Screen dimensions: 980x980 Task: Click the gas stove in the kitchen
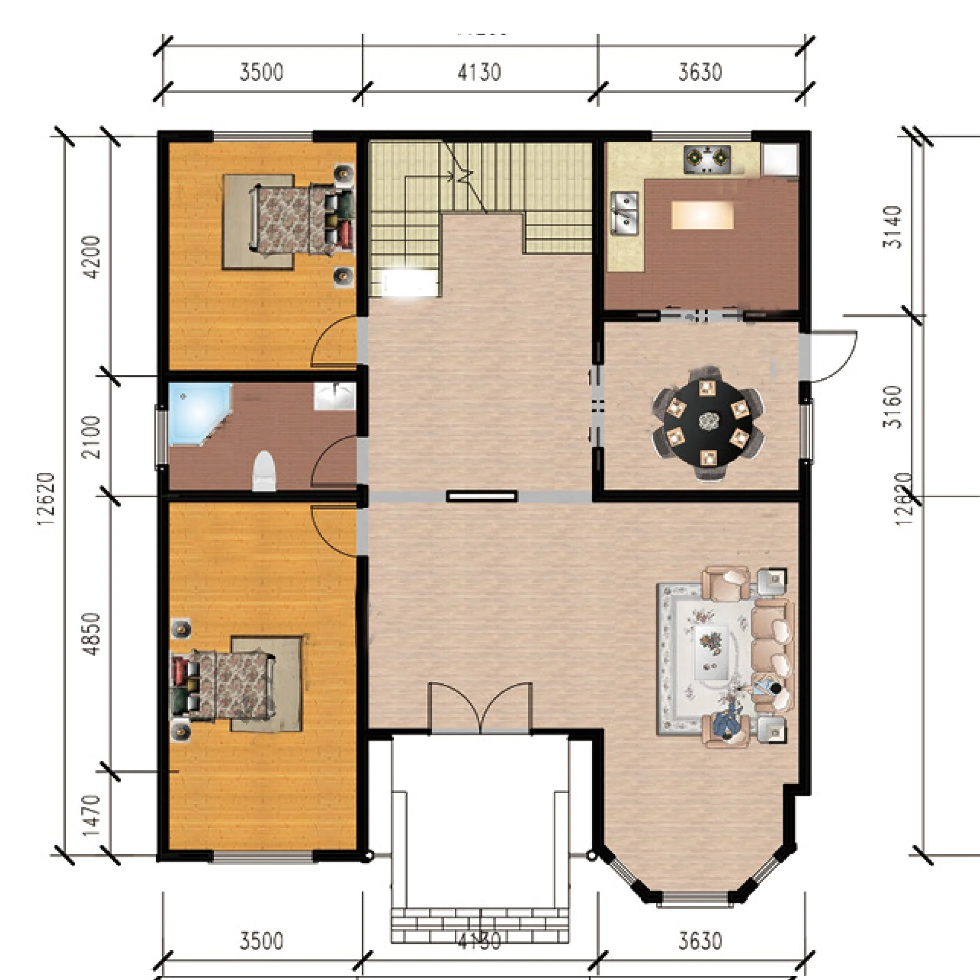tap(707, 159)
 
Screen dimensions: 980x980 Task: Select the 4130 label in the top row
tap(479, 73)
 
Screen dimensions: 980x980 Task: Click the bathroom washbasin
tap(335, 396)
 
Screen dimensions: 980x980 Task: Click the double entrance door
tap(480, 710)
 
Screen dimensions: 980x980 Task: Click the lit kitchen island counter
tap(702, 215)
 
